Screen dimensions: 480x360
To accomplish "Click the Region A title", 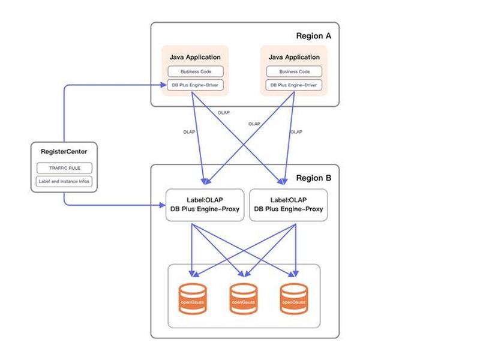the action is [313, 36].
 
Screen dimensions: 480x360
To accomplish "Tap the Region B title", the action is [313, 178].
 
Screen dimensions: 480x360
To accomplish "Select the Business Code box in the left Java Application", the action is [196, 71].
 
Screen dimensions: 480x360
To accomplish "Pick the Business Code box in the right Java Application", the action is [294, 71].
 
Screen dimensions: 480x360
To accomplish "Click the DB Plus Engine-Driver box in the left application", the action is [196, 85].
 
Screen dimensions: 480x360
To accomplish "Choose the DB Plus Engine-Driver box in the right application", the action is [294, 85].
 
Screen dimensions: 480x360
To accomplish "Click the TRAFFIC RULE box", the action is [64, 168].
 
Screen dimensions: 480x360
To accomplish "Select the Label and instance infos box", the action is [64, 181].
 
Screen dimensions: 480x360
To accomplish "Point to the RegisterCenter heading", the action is [64, 152].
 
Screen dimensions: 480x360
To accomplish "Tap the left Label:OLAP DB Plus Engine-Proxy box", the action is [205, 205].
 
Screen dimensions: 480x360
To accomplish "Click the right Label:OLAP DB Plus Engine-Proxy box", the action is [289, 205].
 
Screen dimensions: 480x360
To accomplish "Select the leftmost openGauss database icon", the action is [193, 299].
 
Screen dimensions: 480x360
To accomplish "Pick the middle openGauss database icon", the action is [244, 299].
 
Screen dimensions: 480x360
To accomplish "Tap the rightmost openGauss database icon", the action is [294, 299].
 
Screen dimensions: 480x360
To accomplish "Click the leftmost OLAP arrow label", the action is [189, 132].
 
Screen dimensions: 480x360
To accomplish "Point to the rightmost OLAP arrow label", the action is [296, 132].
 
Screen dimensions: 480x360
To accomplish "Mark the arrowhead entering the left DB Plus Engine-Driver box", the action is [164, 85].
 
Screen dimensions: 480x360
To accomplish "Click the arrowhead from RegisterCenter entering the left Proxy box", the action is [163, 205].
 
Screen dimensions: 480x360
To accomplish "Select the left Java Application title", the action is [195, 57].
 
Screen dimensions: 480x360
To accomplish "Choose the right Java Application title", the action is [294, 57].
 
